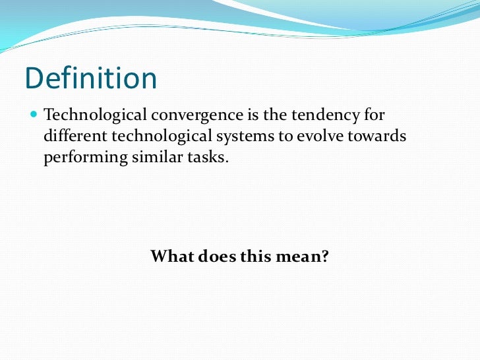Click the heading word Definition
coord(91,79)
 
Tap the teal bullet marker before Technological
coord(34,115)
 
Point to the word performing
coord(82,159)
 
